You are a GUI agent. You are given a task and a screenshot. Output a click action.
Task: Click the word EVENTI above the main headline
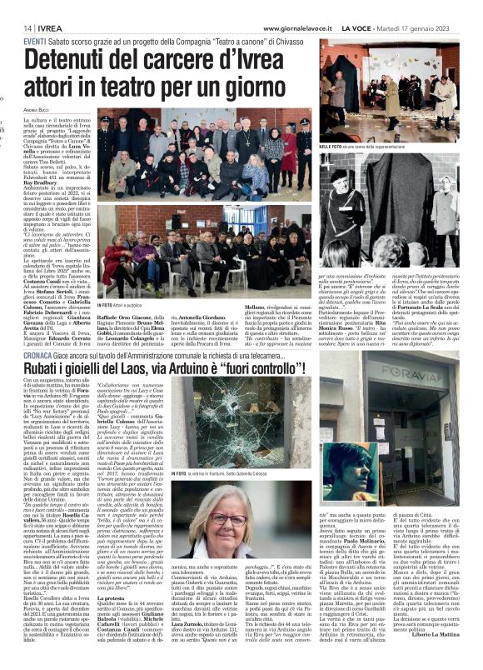click(35, 42)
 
